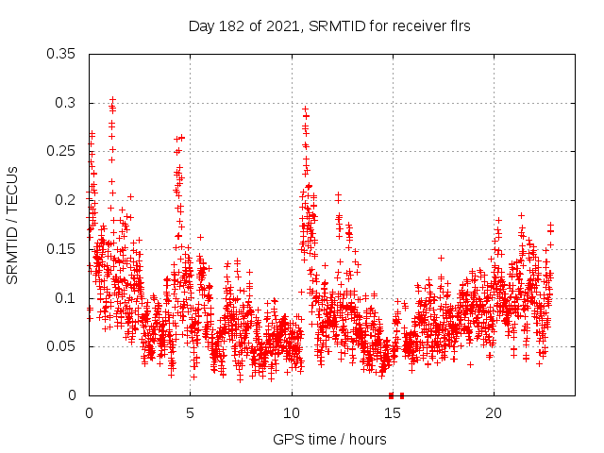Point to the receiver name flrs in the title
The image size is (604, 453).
[x=458, y=26]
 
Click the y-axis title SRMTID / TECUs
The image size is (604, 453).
[x=12, y=225]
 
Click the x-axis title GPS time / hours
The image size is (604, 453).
[x=329, y=439]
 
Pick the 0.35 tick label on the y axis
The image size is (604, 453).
[x=61, y=54]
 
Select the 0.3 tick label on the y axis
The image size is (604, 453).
[x=65, y=103]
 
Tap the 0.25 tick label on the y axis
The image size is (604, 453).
[x=61, y=151]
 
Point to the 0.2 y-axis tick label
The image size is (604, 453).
[x=65, y=200]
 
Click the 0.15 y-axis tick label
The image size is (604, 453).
[x=61, y=249]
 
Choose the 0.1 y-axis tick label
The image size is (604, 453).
[x=65, y=298]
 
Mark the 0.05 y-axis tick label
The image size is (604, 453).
[x=61, y=346]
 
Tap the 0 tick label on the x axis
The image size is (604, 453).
[x=89, y=413]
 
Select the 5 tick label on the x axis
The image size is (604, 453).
[x=190, y=413]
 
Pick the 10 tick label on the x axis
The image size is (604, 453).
[x=292, y=413]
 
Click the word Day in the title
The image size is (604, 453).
[x=201, y=26]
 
